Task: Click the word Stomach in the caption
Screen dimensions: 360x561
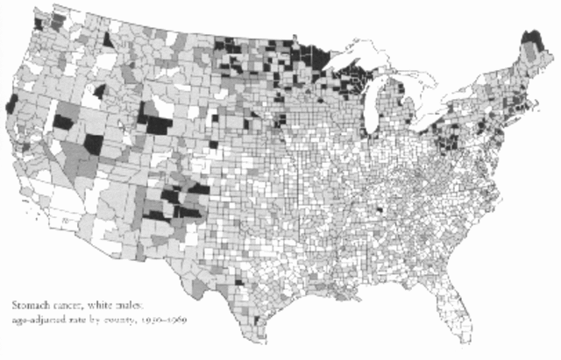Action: tap(25, 306)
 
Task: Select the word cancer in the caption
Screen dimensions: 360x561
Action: tap(63, 306)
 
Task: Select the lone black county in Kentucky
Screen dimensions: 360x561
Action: tap(380, 211)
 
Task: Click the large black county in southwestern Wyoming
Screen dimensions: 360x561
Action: tap(158, 124)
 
